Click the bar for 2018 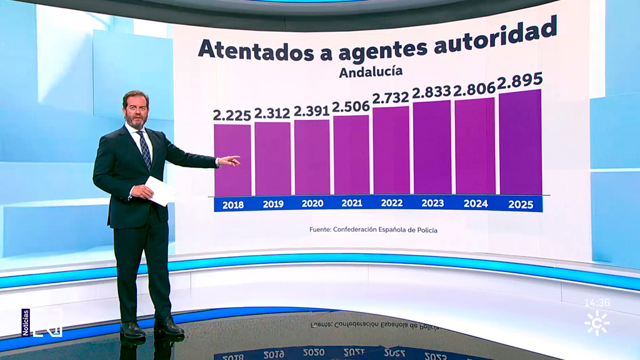coord(232,159)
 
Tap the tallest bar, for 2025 coord(520,142)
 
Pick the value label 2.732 coord(391,97)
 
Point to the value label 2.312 coord(272,113)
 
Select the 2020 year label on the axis coord(312,203)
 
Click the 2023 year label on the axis coord(432,203)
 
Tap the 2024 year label coord(476,203)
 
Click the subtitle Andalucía coord(371,72)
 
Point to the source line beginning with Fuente coord(373,230)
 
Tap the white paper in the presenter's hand coord(161,191)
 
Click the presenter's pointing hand coord(229,161)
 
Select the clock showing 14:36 coord(596,303)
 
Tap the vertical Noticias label coord(26,322)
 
